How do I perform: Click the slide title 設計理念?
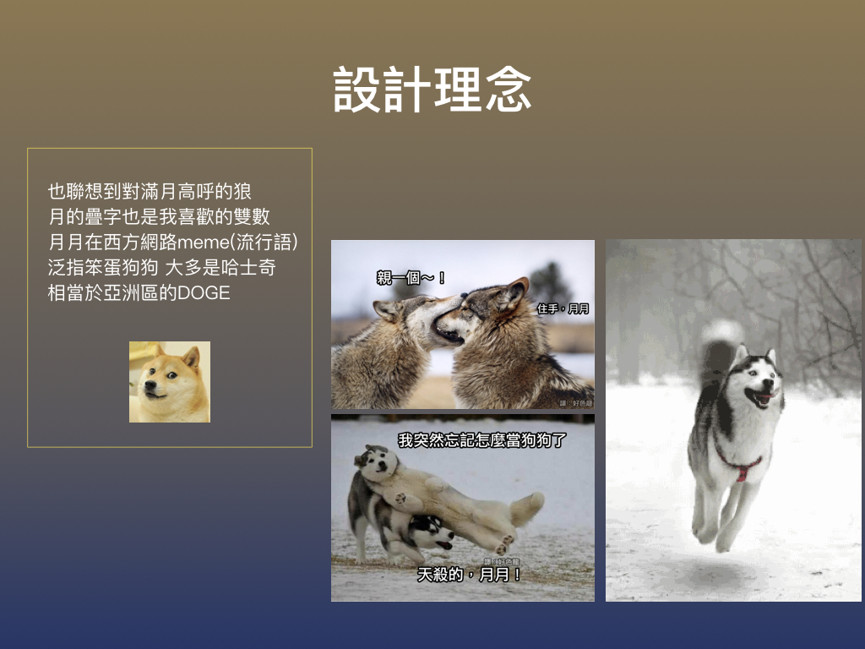(432, 90)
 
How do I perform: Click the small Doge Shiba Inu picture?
(169, 382)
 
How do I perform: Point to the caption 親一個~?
(411, 277)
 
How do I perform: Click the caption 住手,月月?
(563, 309)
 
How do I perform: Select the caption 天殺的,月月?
(470, 575)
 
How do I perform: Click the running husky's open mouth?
(762, 396)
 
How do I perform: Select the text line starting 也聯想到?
(150, 191)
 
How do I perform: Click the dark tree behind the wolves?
(551, 282)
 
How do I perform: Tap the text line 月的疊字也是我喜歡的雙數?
(160, 217)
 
